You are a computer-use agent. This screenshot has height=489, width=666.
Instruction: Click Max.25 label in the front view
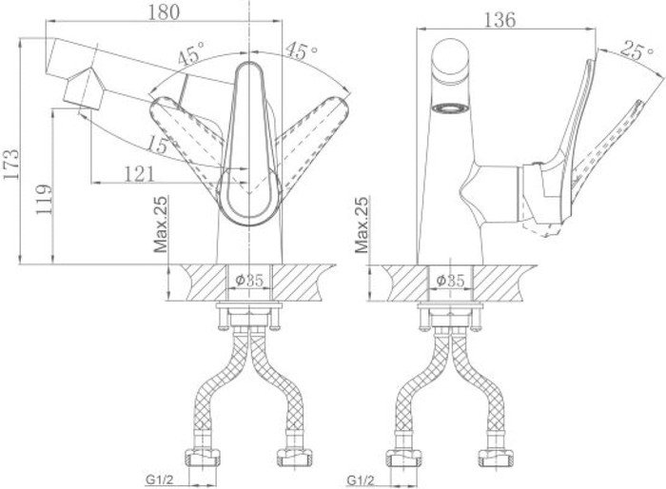tap(161, 226)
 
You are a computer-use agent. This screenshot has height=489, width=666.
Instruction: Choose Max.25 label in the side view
tap(362, 226)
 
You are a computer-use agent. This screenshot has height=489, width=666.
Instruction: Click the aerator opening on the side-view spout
tap(448, 108)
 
